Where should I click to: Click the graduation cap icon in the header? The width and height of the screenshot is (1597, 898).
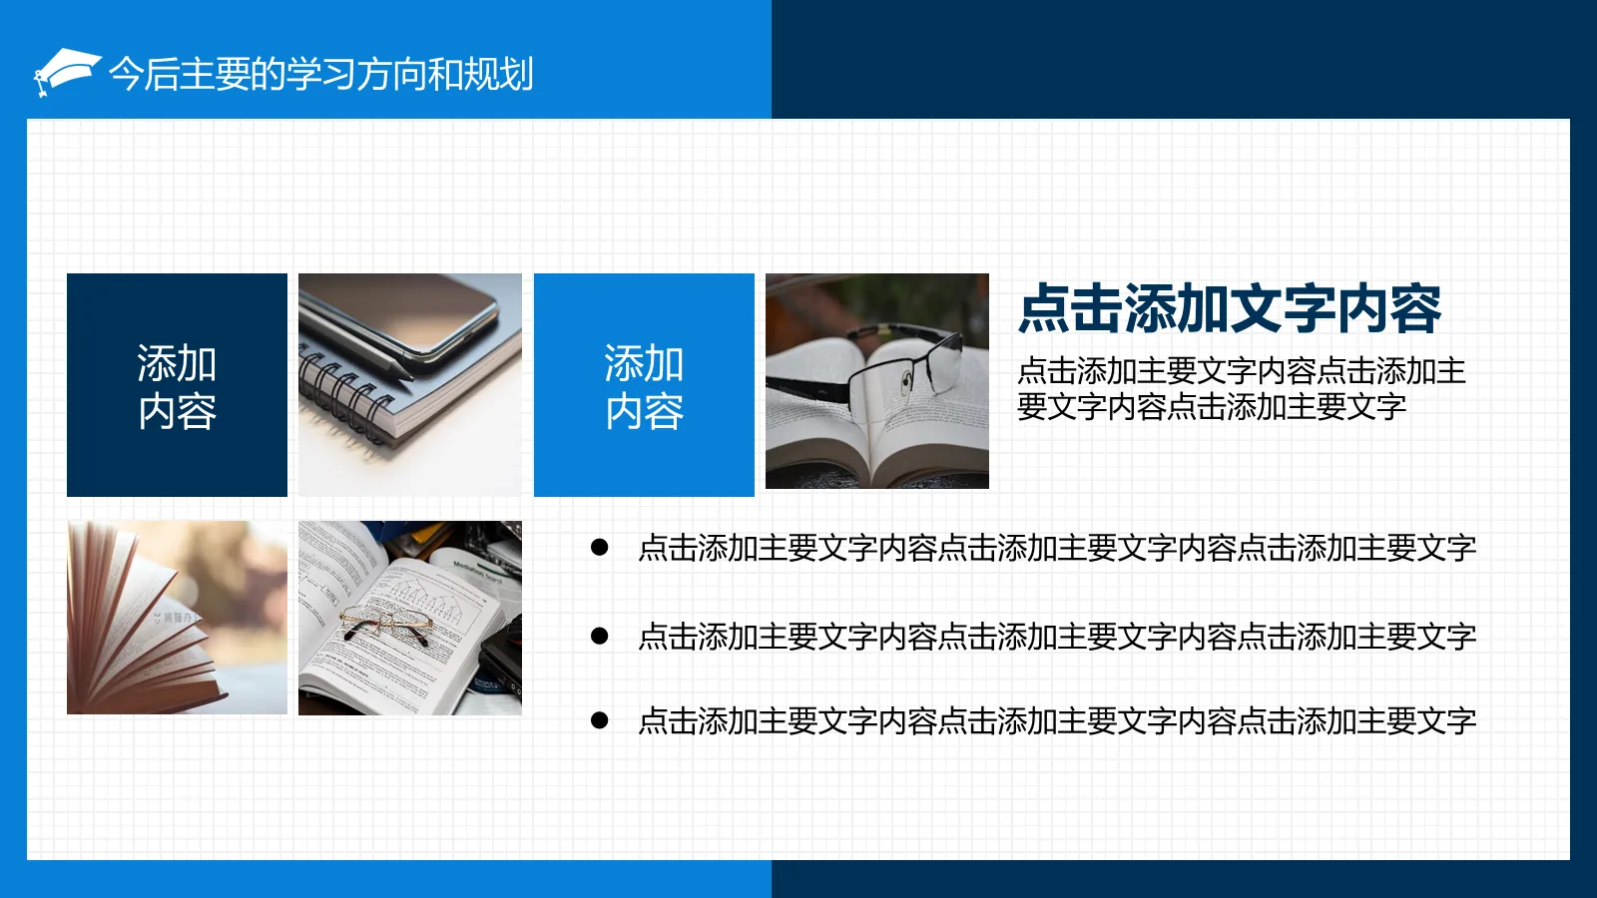65,72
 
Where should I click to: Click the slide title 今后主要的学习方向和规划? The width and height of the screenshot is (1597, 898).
320,74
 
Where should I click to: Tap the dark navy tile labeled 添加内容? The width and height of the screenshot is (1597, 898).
177,385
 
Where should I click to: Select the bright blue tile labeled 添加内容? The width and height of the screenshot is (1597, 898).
644,385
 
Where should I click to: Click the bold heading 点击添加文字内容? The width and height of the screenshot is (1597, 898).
1229,308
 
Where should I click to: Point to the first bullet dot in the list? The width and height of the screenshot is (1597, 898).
600,547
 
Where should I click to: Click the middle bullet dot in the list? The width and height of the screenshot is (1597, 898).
600,636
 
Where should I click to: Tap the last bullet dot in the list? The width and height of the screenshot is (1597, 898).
600,720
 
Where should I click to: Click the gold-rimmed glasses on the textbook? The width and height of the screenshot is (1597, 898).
384,624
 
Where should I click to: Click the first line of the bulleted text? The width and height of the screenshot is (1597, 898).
1056,548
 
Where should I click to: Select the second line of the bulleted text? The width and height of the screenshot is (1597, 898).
1056,637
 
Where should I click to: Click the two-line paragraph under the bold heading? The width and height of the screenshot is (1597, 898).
1240,389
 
